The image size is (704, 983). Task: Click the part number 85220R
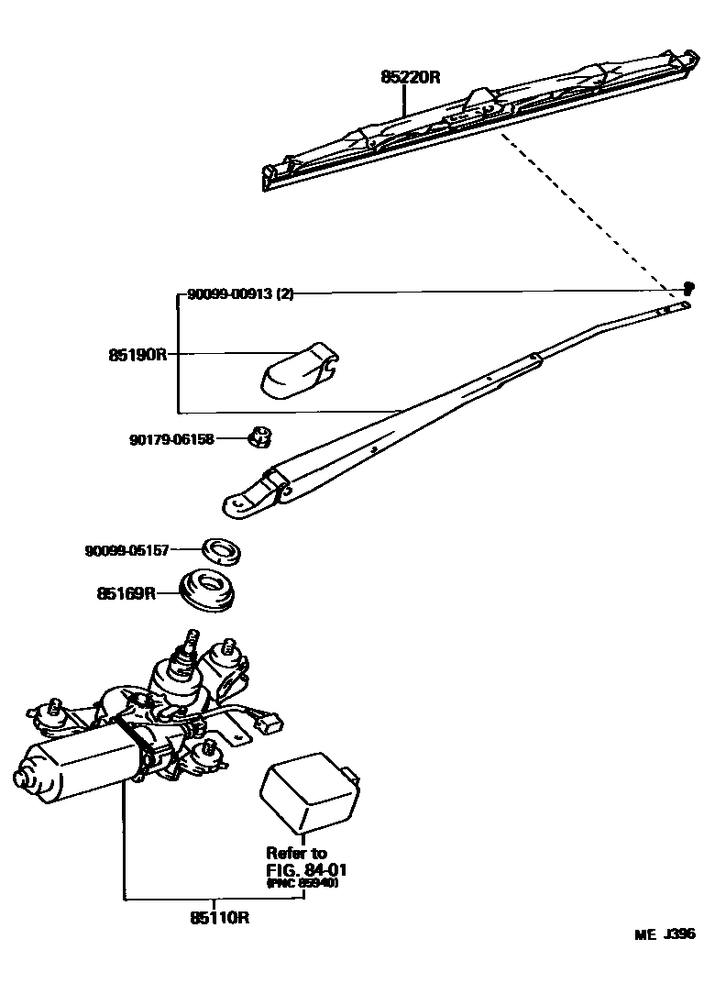(411, 78)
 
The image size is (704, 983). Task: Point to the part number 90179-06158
(171, 439)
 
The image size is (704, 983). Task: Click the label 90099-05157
(127, 550)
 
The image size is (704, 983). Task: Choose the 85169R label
(125, 594)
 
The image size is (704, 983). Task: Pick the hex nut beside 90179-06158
(257, 438)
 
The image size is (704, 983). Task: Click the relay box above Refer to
(310, 790)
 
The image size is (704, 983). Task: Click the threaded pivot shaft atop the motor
(192, 640)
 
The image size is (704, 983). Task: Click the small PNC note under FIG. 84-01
(302, 884)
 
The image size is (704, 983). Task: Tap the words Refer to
(296, 853)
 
